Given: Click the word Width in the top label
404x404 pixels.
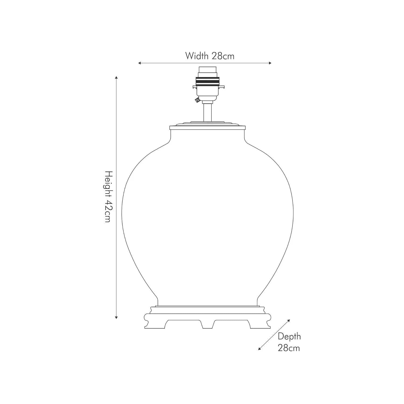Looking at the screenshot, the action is [x=197, y=56].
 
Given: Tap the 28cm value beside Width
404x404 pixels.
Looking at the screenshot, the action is [x=223, y=56].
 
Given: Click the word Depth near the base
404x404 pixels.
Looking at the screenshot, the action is [x=289, y=337].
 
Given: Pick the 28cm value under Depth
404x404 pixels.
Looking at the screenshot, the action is [x=289, y=348].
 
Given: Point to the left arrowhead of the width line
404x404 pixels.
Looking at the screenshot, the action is [x=140, y=63].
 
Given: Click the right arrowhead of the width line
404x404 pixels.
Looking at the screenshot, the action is [x=270, y=63].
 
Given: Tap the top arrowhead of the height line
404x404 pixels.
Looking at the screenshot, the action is [x=116, y=78].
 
